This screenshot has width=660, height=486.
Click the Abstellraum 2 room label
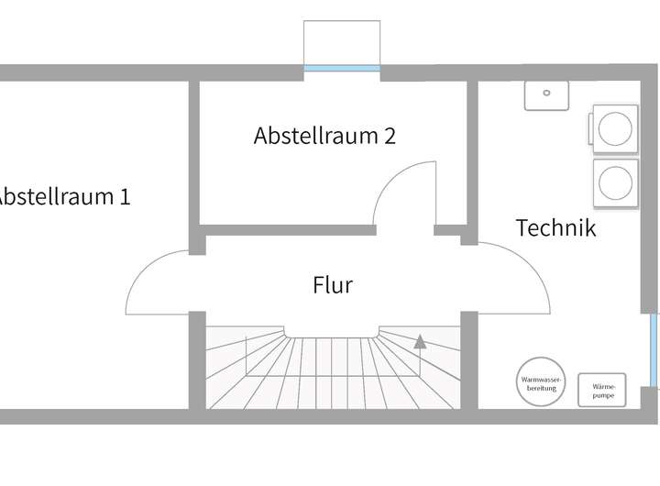click(324, 136)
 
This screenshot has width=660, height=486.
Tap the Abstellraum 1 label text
click(62, 196)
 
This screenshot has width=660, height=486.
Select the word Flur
click(333, 285)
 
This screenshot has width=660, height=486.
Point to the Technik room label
click(555, 227)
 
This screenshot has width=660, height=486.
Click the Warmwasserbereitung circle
click(542, 382)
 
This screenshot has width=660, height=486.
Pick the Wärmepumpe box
click(602, 390)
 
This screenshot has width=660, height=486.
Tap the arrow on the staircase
click(420, 343)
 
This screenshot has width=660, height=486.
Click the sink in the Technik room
click(546, 94)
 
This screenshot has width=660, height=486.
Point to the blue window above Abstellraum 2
click(342, 68)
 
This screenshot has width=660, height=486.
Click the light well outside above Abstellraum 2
click(342, 42)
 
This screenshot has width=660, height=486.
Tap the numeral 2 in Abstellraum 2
click(390, 136)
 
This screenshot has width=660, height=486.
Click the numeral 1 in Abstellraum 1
click(124, 196)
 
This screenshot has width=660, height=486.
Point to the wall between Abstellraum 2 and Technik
click(472, 156)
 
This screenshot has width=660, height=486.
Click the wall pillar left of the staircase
click(196, 360)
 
